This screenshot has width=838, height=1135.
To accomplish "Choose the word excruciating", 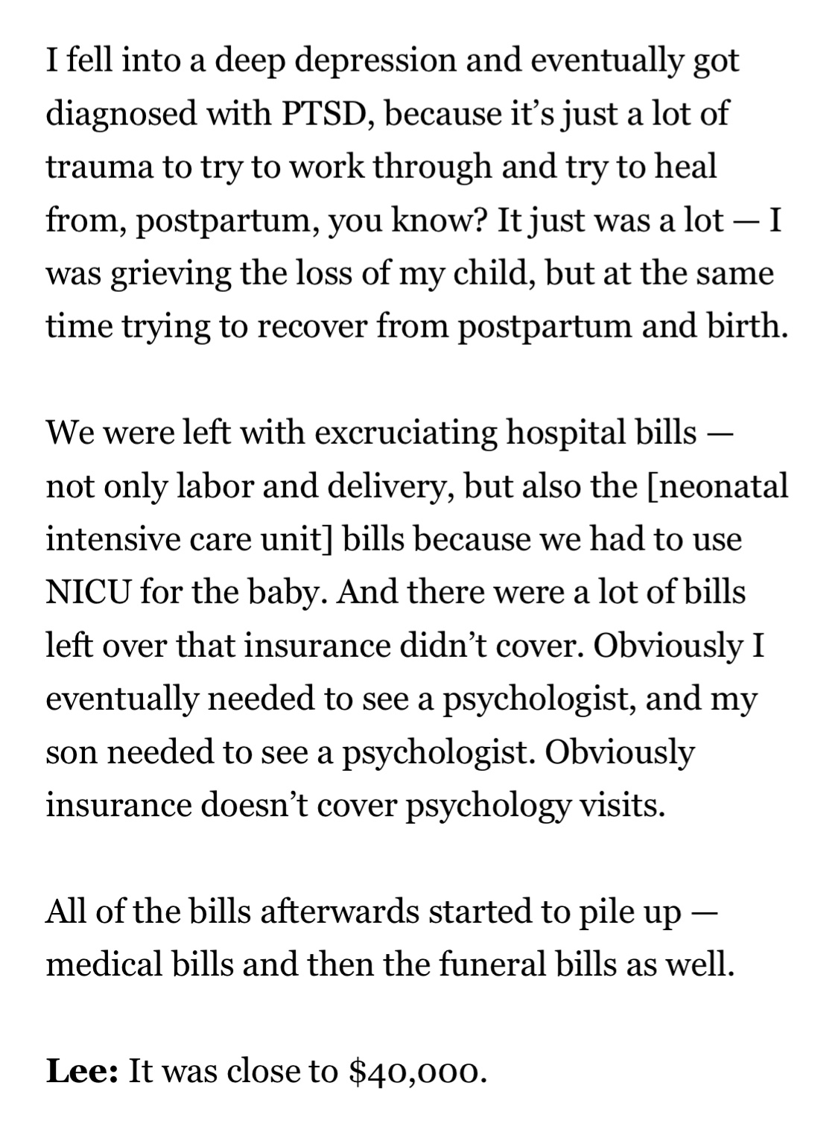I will [405, 433].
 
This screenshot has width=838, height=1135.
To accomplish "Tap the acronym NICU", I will [88, 593].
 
